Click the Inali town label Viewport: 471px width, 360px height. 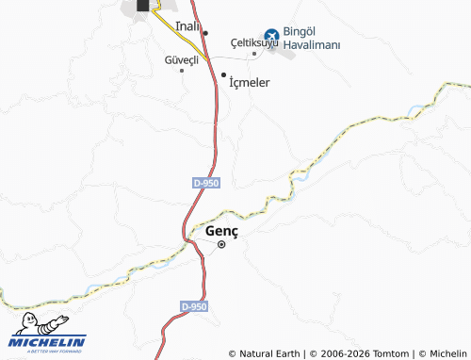[187, 26]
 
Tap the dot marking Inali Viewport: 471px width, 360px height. [204, 32]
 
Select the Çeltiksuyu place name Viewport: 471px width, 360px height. [254, 42]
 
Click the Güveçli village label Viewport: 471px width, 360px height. [182, 58]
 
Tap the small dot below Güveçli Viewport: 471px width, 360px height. [182, 70]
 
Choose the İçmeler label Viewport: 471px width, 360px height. [250, 83]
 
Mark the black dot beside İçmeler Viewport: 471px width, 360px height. [223, 74]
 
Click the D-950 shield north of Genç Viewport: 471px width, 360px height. [205, 183]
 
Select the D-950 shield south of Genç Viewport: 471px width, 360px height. [192, 307]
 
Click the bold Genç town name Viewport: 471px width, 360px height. [221, 231]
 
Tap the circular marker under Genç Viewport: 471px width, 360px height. [221, 245]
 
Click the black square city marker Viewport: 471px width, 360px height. [142, 5]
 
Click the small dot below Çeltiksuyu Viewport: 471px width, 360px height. [253, 55]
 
